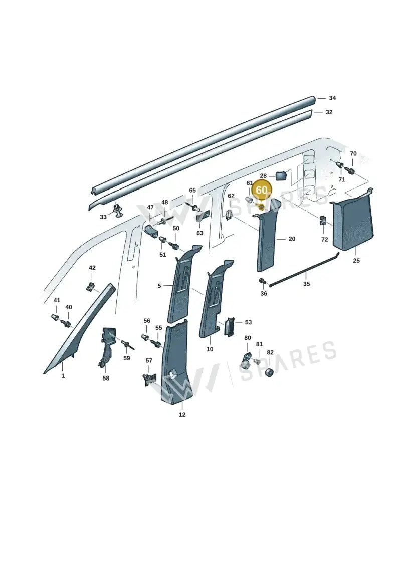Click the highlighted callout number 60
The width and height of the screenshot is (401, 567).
tap(262, 190)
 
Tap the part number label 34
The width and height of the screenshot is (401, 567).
tap(332, 98)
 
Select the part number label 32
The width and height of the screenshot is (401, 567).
tap(329, 112)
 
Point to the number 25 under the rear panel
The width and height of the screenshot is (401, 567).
tap(356, 260)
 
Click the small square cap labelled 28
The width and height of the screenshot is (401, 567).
tap(281, 176)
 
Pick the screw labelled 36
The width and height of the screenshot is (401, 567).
tap(262, 281)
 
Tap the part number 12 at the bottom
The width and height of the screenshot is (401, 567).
tap(182, 415)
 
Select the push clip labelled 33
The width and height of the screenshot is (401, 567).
tap(118, 211)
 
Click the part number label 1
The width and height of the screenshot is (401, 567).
tap(63, 376)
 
